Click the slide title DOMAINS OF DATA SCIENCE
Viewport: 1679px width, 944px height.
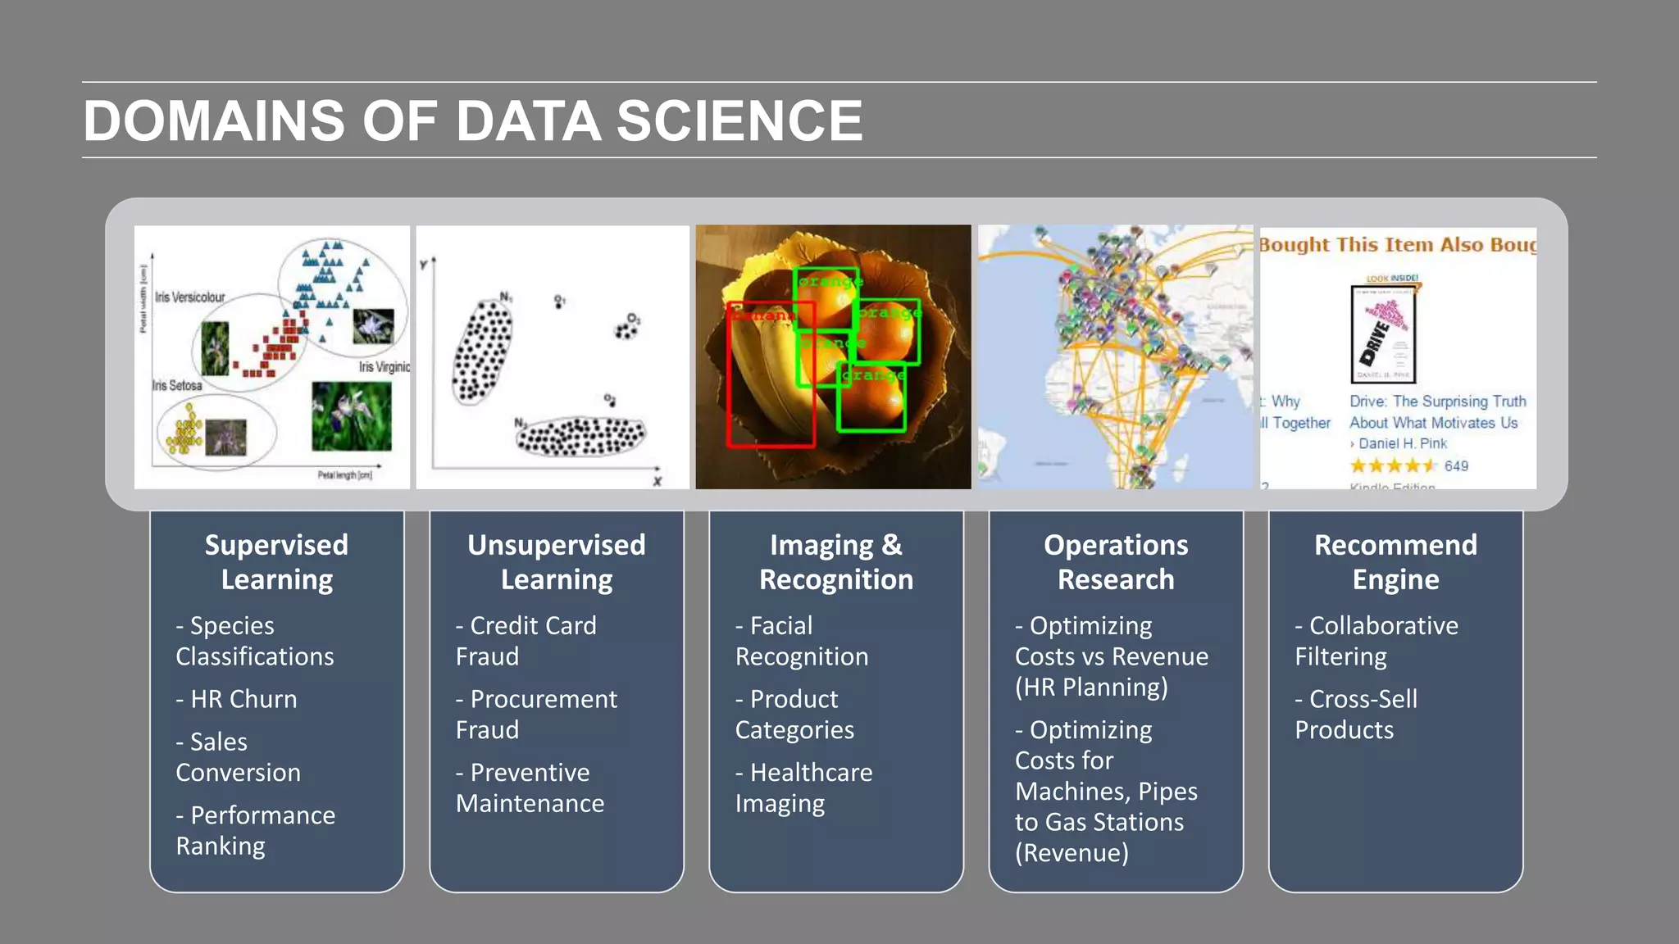point(473,121)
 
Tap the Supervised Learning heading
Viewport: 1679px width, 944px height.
point(276,562)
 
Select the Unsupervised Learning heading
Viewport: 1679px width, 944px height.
point(557,562)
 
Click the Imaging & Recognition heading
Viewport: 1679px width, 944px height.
point(835,562)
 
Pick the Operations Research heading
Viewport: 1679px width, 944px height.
point(1116,562)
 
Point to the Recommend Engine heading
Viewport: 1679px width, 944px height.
point(1395,562)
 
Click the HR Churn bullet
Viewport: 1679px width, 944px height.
point(237,699)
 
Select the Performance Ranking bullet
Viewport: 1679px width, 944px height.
point(255,830)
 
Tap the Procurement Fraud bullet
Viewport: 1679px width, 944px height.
point(536,714)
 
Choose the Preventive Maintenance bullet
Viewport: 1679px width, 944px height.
point(530,787)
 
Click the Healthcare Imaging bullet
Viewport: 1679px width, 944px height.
point(803,787)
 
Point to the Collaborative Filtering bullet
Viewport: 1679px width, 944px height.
point(1376,641)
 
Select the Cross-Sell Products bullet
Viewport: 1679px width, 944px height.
point(1356,714)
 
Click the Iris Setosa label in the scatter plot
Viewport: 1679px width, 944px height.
point(177,385)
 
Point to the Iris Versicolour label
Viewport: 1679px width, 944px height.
point(189,297)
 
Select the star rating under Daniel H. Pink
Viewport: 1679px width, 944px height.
point(1394,466)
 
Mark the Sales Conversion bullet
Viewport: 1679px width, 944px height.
point(238,756)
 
